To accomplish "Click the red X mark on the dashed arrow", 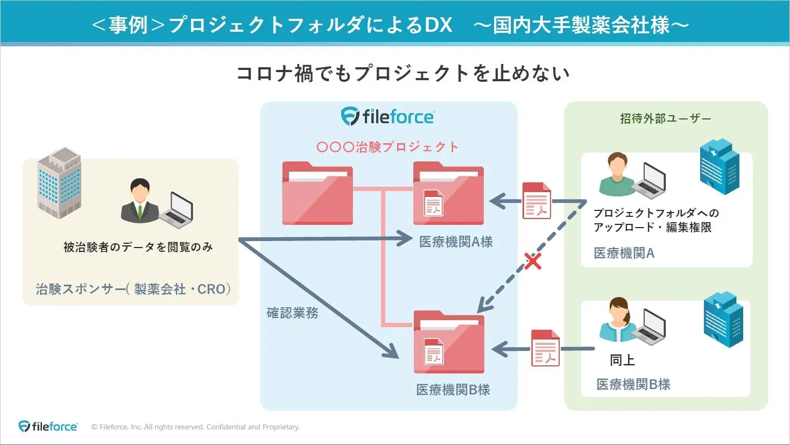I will pos(532,262).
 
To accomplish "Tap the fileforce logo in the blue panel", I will pos(387,117).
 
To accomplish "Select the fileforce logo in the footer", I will pos(48,426).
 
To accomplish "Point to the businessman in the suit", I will pos(139,201).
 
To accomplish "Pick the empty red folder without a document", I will pos(318,194).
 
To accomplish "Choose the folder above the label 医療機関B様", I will pos(449,343).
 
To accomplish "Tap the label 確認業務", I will pos(293,313).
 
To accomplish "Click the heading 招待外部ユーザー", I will pos(665,118).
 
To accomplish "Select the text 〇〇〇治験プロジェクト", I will pos(387,147).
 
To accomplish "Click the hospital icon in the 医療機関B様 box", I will pos(723,320).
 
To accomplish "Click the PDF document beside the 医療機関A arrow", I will pos(537,201).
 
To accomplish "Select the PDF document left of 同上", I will pos(545,348).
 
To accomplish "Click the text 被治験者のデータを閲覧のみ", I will pos(138,247).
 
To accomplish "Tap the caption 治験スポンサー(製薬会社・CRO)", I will pos(133,289).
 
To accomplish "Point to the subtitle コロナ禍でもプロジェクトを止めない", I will pos(403,73).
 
